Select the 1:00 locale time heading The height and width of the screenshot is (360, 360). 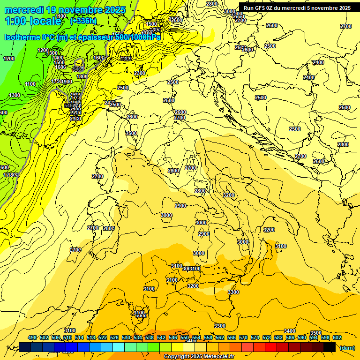coord(32,21)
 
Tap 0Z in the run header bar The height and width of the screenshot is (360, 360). coord(273,8)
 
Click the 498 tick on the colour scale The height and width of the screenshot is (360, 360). coord(32,337)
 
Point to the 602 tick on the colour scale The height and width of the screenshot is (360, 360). coord(337,337)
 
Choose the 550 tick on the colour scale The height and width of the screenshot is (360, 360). coord(185,337)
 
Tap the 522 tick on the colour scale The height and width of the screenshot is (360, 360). coord(103,337)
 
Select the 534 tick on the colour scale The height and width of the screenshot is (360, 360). coord(138,337)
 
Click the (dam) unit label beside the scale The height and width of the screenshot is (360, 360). coord(347,347)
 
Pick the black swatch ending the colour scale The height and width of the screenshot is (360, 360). coord(330,347)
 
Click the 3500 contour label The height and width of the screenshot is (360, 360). coord(316,333)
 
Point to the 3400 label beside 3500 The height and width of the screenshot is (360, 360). coord(290,331)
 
